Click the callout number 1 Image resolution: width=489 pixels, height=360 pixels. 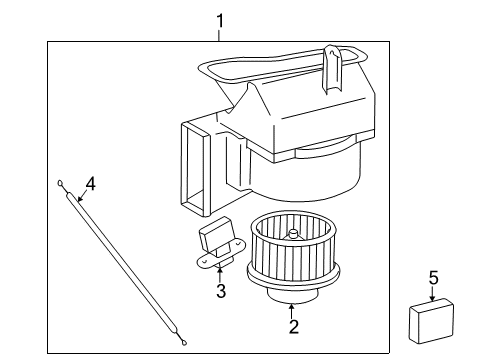pos(220,21)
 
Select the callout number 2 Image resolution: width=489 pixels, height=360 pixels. pos(293,326)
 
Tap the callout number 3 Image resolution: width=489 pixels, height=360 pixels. pos(221,291)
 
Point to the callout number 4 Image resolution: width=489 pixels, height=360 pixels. pos(90,184)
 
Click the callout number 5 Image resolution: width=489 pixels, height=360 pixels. pos(433,278)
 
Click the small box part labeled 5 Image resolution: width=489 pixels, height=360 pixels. pos(431,321)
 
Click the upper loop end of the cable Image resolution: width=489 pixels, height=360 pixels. pos(60,183)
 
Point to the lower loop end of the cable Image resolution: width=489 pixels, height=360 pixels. pos(184,341)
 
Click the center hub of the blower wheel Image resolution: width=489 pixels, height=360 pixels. pos(293,234)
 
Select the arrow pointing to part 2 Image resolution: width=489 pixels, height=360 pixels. pos(292,311)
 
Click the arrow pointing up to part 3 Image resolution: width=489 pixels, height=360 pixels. pos(220,275)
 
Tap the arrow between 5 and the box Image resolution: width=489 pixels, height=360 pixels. pos(432,293)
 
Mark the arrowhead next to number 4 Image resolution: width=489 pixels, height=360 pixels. pos(79,199)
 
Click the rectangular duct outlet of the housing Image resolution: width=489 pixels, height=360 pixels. pos(195,169)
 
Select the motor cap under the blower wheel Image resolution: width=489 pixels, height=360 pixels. pos(293,295)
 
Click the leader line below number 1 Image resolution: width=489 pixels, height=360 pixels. pos(219,35)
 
